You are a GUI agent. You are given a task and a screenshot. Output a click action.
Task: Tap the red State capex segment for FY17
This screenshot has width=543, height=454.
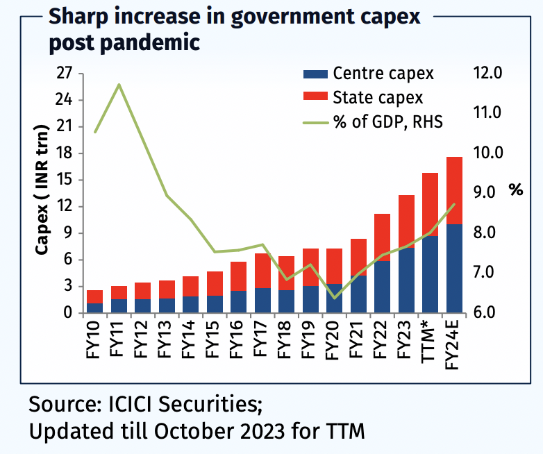pos(262,271)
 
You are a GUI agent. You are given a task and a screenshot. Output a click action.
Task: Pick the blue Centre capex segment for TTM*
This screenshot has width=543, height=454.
pos(431,274)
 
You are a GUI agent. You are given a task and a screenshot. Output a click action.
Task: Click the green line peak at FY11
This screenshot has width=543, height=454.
pos(119,85)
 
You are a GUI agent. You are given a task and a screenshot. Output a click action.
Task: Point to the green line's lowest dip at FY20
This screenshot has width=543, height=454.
pos(335,298)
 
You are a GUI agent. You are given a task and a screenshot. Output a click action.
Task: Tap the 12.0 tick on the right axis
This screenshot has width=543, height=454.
pos(490,73)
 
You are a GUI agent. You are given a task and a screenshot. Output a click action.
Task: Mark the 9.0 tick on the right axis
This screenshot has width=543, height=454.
pos(490,192)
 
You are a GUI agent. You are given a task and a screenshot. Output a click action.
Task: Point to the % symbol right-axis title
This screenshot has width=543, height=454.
pos(515,190)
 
